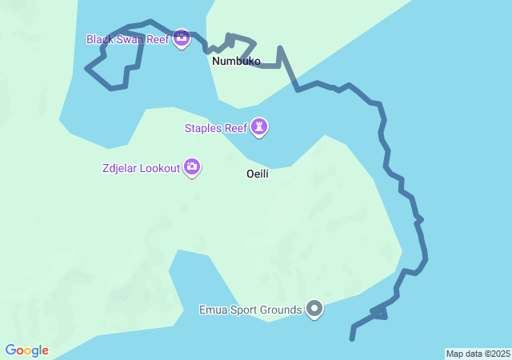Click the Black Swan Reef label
coord(127,39)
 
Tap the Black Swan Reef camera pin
coord(182,37)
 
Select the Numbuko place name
coord(236,61)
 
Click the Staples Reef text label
coord(215,127)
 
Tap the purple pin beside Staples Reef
coord(259,126)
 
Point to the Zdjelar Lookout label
coord(141,168)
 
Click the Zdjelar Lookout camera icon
coord(192,166)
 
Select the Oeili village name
coord(257,174)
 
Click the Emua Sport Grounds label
coord(250,309)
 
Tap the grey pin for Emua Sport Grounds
coord(314,308)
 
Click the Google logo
coord(26,350)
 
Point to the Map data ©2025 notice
coord(478,354)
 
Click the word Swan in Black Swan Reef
coord(130,39)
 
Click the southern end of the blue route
coord(352,338)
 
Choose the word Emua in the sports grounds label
coord(214,309)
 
